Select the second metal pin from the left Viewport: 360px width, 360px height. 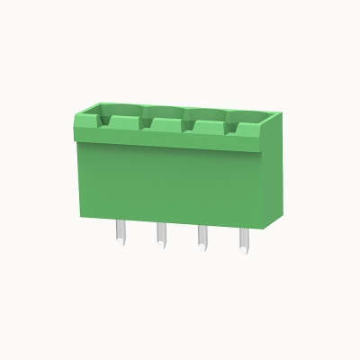161,235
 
